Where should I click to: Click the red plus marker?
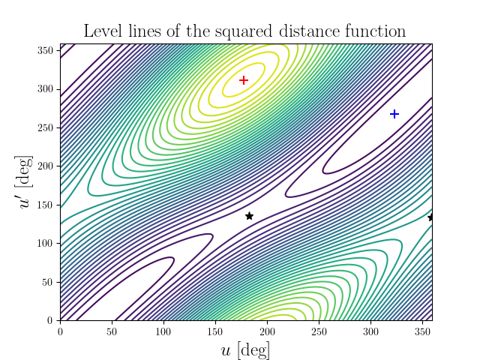pyautogui.click(x=243, y=80)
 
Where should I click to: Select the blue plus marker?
pyautogui.click(x=394, y=114)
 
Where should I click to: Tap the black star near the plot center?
pyautogui.click(x=249, y=216)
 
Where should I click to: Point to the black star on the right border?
pyautogui.click(x=431, y=217)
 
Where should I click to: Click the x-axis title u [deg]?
pyautogui.click(x=246, y=349)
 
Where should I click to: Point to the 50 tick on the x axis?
pyautogui.click(x=112, y=331)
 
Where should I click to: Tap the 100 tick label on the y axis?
pyautogui.click(x=45, y=244)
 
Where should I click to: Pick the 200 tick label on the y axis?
pyautogui.click(x=45, y=166)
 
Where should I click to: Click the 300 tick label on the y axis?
pyautogui.click(x=45, y=89)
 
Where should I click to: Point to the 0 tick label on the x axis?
pyautogui.click(x=60, y=331)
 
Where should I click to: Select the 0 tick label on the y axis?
pyautogui.click(x=51, y=321)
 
